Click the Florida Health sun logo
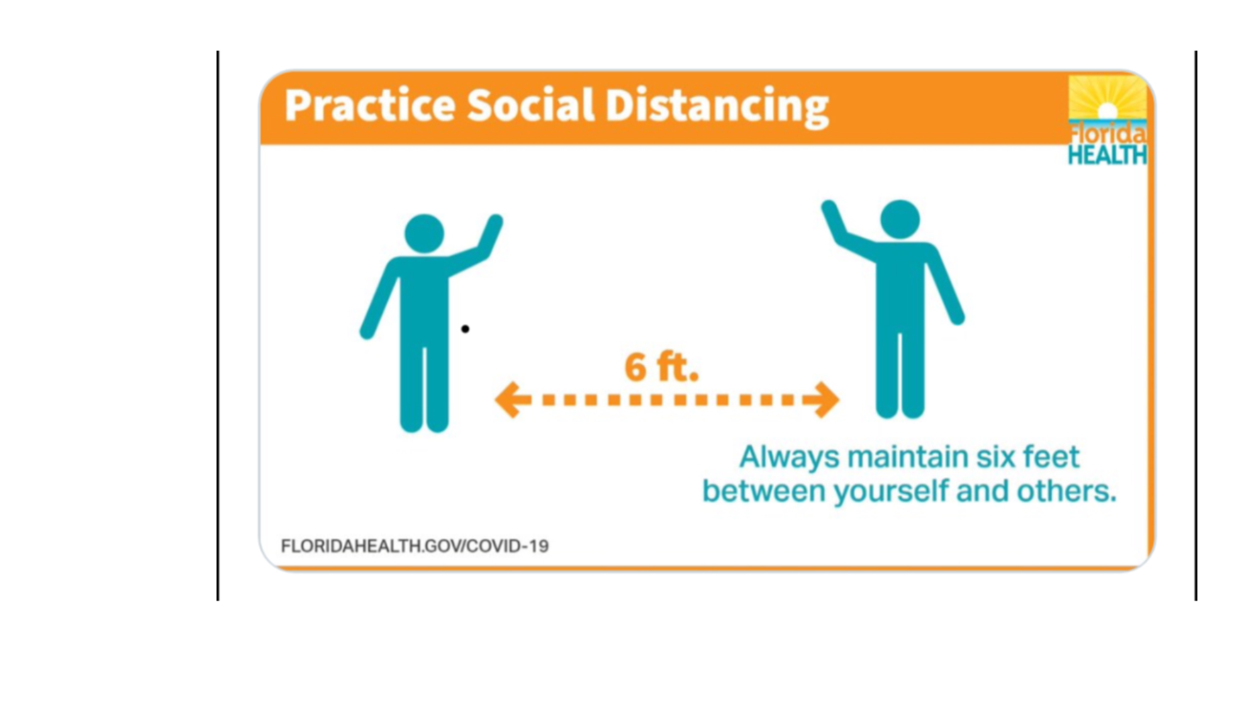coord(1107,120)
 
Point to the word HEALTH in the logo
coord(1107,155)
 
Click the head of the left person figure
coord(424,233)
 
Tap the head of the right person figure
coord(900,219)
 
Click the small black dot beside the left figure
coord(465,329)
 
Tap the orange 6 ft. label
coord(661,367)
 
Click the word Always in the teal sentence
coord(789,458)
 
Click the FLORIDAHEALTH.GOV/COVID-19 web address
coord(415,546)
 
